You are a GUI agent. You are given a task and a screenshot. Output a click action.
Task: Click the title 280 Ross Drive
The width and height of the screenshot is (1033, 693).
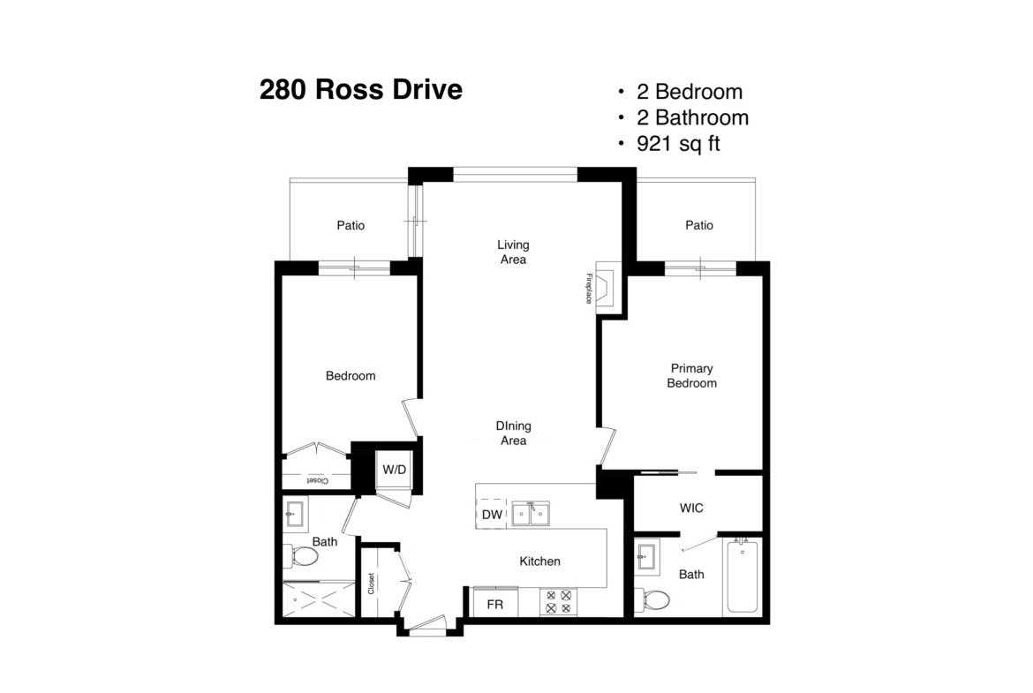click(361, 89)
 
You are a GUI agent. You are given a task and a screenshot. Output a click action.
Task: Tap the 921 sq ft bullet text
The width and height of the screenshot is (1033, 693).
click(679, 144)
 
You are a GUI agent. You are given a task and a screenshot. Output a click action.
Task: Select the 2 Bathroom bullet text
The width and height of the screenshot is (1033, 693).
click(692, 117)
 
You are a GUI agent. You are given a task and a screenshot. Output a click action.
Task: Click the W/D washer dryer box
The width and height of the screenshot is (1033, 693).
click(394, 470)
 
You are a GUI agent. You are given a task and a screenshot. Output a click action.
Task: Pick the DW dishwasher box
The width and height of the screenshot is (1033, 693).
click(492, 515)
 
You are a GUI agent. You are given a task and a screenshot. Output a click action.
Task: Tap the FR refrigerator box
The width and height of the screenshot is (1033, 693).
click(495, 603)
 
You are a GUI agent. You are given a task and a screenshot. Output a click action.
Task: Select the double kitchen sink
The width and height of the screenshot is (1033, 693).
click(531, 513)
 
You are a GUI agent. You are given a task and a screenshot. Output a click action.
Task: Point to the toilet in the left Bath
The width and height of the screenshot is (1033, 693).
click(301, 556)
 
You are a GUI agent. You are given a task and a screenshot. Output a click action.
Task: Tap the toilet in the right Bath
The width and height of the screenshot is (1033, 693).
click(652, 599)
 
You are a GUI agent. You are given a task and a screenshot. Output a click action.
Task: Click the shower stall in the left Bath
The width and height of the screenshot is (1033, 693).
click(319, 599)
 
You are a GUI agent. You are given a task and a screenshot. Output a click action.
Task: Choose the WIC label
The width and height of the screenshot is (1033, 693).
click(691, 508)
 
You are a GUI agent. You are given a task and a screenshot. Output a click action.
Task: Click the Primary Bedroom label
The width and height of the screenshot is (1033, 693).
click(691, 375)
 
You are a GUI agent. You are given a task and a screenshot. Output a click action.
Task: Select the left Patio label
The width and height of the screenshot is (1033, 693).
click(351, 225)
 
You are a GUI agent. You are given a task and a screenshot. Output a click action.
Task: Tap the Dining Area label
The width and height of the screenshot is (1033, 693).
click(513, 433)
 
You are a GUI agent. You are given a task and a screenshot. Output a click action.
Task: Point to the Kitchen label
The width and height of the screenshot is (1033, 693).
click(539, 561)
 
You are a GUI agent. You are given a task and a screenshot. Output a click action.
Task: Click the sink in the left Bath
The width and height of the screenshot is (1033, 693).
click(295, 513)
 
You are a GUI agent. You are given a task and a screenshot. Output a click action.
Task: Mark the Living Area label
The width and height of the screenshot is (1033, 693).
click(513, 252)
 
